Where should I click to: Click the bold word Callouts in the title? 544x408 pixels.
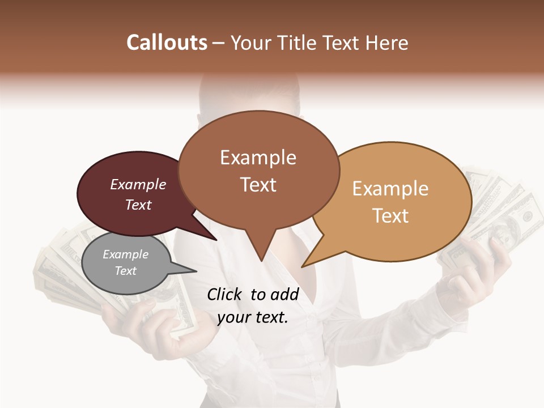[167, 42]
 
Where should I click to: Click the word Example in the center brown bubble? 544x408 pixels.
[258, 158]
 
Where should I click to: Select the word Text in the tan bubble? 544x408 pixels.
[390, 216]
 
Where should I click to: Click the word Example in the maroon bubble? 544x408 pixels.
[138, 185]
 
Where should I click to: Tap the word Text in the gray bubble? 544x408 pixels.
[126, 271]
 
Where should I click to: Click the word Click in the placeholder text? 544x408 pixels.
[226, 294]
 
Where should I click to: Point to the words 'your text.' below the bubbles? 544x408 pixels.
[252, 318]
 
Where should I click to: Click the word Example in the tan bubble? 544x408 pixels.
[390, 189]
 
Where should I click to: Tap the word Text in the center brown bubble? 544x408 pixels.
[258, 185]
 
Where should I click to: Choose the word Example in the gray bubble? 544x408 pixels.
[126, 254]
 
